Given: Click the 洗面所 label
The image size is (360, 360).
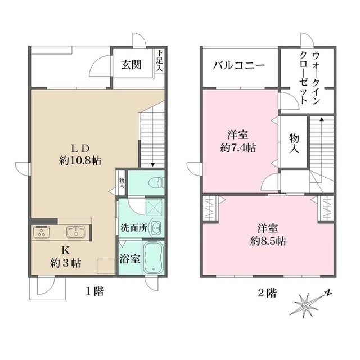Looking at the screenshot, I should pos(133,229).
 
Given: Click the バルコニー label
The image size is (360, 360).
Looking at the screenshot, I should pos(239,65).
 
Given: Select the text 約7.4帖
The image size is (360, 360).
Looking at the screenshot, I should pos(239,148).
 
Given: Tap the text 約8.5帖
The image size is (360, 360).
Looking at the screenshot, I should pos(268,241).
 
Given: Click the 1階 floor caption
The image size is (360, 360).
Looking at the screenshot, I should pos(94,292).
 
